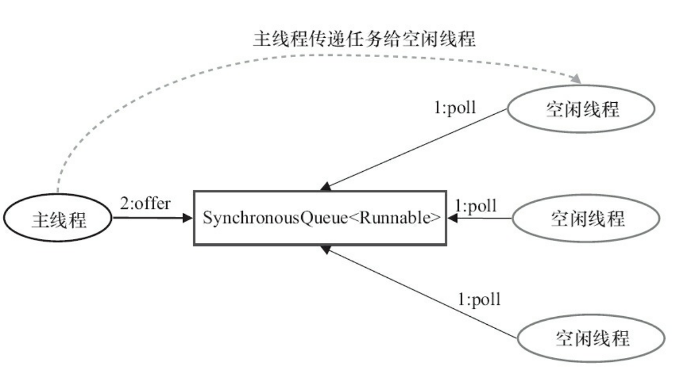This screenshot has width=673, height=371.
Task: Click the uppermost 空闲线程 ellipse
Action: (583, 110)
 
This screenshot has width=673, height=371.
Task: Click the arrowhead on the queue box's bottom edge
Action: (326, 248)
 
